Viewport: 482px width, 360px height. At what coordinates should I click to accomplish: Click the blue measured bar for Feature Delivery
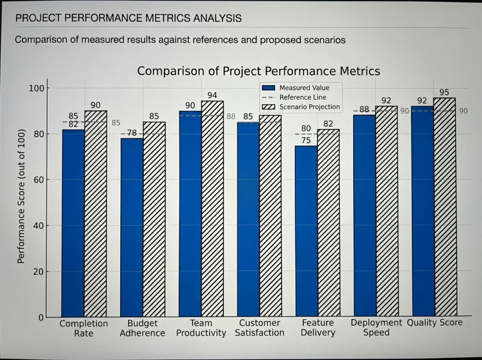[306, 231]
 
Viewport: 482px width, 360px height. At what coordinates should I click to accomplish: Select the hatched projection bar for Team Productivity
[212, 209]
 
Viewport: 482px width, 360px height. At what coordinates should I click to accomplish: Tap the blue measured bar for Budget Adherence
[132, 227]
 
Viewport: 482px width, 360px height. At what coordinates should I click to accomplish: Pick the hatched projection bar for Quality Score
[445, 207]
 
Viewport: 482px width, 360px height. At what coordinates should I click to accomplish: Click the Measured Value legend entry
[296, 88]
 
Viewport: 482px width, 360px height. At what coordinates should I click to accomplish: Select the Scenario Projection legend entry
[301, 107]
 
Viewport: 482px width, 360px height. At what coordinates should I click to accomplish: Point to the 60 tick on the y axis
[39, 180]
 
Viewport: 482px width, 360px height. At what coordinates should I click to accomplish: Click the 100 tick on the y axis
[37, 88]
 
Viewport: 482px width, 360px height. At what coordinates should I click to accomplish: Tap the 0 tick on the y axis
[41, 318]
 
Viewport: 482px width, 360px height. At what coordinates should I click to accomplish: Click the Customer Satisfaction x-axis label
[260, 328]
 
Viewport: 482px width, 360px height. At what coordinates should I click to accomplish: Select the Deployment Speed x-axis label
[376, 328]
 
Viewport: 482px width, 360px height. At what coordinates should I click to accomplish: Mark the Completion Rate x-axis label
[84, 328]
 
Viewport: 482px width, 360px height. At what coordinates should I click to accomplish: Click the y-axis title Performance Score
[21, 196]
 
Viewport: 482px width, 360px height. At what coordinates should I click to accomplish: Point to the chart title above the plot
[258, 71]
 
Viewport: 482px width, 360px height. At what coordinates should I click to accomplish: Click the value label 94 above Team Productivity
[212, 96]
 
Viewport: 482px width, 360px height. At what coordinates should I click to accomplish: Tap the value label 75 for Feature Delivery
[306, 140]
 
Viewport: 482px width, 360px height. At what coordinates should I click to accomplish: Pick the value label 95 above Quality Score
[444, 92]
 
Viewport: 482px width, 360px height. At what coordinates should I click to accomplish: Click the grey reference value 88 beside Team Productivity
[231, 117]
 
